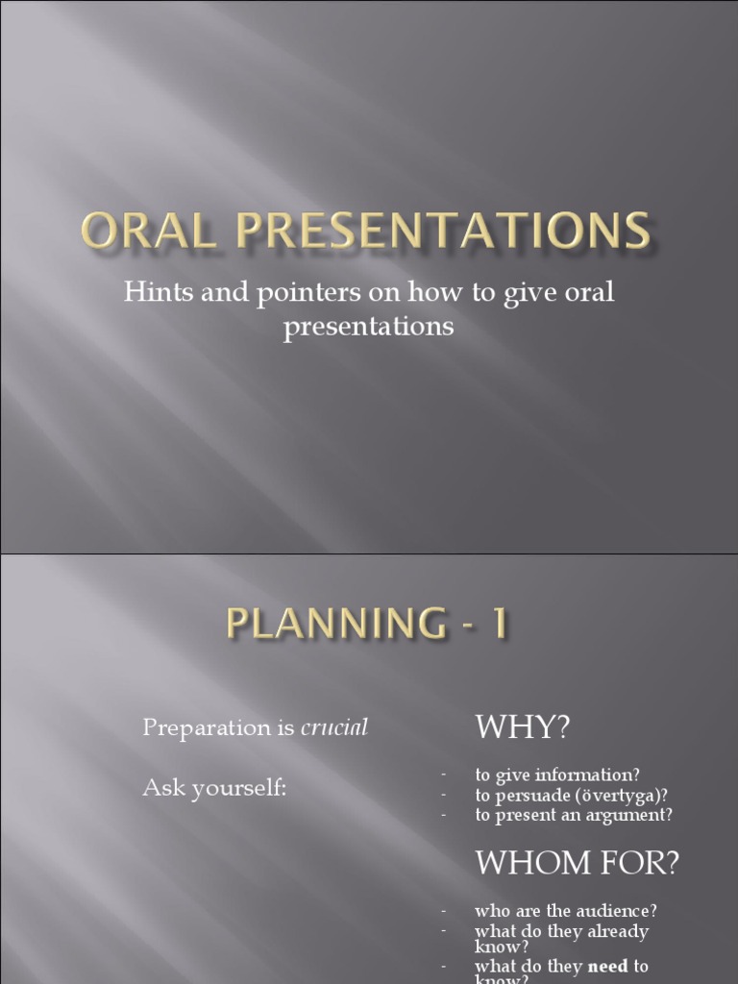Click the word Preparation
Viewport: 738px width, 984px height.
tap(206, 728)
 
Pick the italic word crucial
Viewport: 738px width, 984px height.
tap(334, 728)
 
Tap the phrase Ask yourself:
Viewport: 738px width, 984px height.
tap(214, 788)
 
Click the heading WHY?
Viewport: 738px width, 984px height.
tap(523, 727)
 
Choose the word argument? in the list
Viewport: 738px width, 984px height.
tap(629, 815)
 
